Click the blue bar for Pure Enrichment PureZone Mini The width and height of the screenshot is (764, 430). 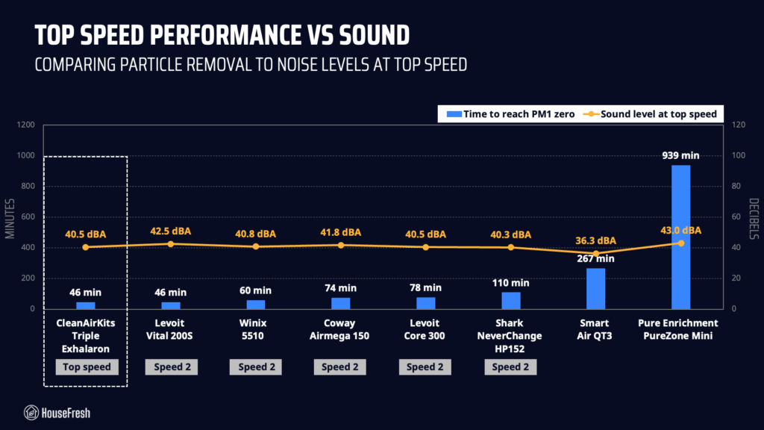click(680, 237)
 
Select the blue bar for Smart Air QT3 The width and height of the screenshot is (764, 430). click(595, 289)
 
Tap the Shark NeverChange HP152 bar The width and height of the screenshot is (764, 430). click(510, 301)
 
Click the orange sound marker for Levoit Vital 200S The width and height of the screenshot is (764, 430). click(171, 244)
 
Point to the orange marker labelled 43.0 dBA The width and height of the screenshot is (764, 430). click(680, 243)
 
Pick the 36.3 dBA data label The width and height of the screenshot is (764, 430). click(595, 240)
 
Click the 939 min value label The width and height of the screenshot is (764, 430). click(680, 155)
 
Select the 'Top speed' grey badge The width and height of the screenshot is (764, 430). click(87, 367)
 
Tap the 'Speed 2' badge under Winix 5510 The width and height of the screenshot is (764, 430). click(256, 367)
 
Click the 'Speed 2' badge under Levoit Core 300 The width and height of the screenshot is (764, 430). click(425, 367)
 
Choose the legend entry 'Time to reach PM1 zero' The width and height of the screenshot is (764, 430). click(510, 114)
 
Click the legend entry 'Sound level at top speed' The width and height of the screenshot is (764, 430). click(651, 114)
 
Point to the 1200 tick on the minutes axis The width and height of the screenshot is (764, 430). click(26, 125)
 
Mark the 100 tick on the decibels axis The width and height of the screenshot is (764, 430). click(739, 155)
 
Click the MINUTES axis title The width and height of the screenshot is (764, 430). click(10, 219)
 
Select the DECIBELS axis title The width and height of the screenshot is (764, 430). click(754, 219)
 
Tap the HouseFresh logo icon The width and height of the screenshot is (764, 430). click(31, 413)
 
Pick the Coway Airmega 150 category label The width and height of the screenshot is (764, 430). click(339, 329)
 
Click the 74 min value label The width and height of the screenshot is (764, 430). click(340, 288)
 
